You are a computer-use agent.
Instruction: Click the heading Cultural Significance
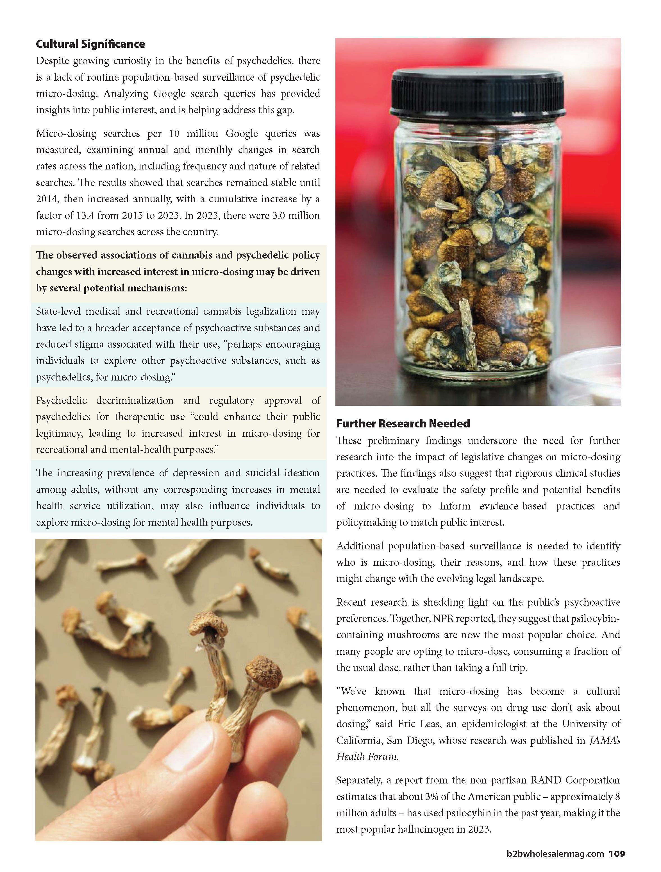[90, 44]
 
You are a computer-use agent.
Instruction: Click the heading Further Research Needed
[403, 423]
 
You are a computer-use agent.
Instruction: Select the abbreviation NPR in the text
[445, 619]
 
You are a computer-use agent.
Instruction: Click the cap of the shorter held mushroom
[264, 671]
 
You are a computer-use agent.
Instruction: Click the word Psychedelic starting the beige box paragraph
[61, 400]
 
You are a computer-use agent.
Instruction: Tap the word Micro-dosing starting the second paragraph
[66, 134]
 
